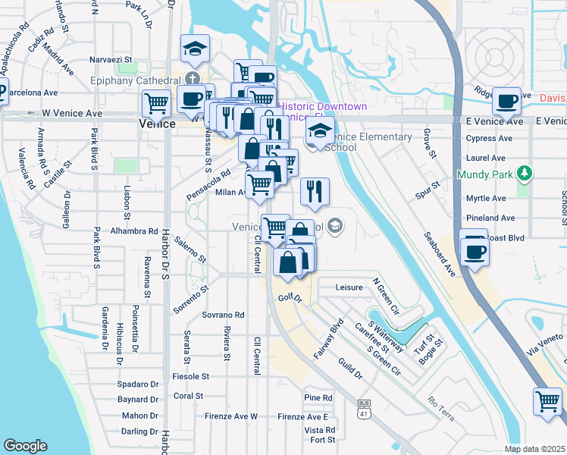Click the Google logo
point(25,446)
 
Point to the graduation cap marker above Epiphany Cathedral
point(195,50)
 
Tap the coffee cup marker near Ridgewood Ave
point(506,101)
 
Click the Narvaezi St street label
point(111,58)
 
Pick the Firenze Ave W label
point(232,416)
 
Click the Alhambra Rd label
point(133,231)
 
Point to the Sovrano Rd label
point(223,315)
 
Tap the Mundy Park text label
point(486,174)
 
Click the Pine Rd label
point(318,397)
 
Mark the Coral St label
point(188,396)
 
